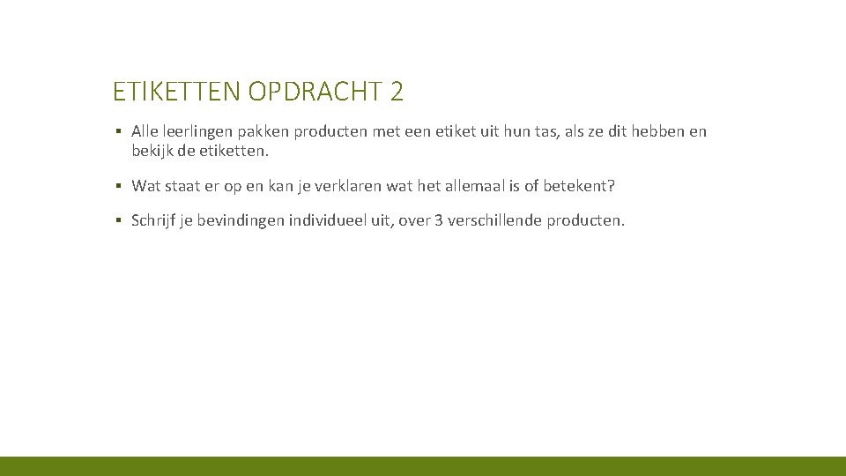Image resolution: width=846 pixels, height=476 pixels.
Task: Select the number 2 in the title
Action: pyautogui.click(x=397, y=91)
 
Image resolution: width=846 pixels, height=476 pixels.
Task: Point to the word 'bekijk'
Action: pyautogui.click(x=152, y=151)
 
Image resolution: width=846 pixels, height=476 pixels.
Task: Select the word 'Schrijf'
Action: pyautogui.click(x=154, y=220)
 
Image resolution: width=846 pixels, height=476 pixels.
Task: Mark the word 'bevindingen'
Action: pyautogui.click(x=237, y=220)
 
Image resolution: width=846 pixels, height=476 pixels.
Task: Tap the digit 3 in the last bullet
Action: pyautogui.click(x=439, y=220)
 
